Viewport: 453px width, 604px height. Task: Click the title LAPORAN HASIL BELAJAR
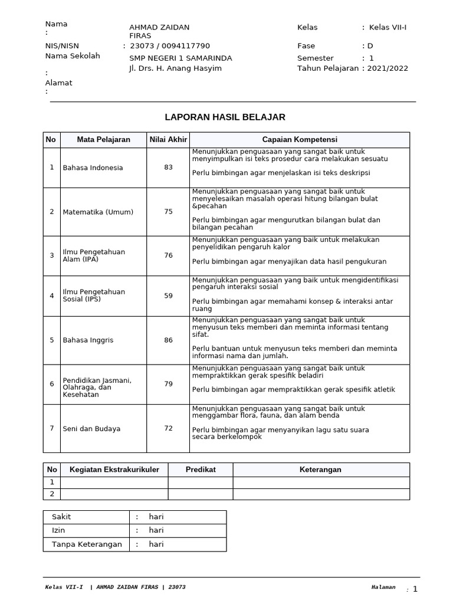(x=225, y=117)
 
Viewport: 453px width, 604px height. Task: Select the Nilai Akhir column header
(x=168, y=140)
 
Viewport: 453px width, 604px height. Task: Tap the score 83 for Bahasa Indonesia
(x=169, y=168)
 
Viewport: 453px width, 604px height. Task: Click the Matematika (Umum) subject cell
(x=99, y=212)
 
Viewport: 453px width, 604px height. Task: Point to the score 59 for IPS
(x=169, y=296)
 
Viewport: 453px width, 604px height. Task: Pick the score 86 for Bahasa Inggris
(x=169, y=340)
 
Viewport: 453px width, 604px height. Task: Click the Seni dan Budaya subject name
(x=92, y=429)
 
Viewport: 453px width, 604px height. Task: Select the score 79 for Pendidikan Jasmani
(x=169, y=384)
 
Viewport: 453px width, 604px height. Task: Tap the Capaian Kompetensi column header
(x=299, y=140)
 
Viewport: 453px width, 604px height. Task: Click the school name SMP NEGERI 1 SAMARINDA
(x=180, y=58)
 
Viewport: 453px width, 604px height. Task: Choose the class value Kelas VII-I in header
(x=388, y=27)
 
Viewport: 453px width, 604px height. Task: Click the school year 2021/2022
(x=388, y=68)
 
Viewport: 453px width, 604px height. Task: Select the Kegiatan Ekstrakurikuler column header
(x=114, y=470)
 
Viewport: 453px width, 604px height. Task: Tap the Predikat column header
(x=201, y=470)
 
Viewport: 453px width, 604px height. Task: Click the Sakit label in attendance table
(x=61, y=517)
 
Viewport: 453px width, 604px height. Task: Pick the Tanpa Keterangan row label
(x=87, y=544)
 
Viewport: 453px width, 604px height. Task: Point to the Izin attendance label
(x=58, y=530)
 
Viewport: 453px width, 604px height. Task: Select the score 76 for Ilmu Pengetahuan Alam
(x=169, y=255)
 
